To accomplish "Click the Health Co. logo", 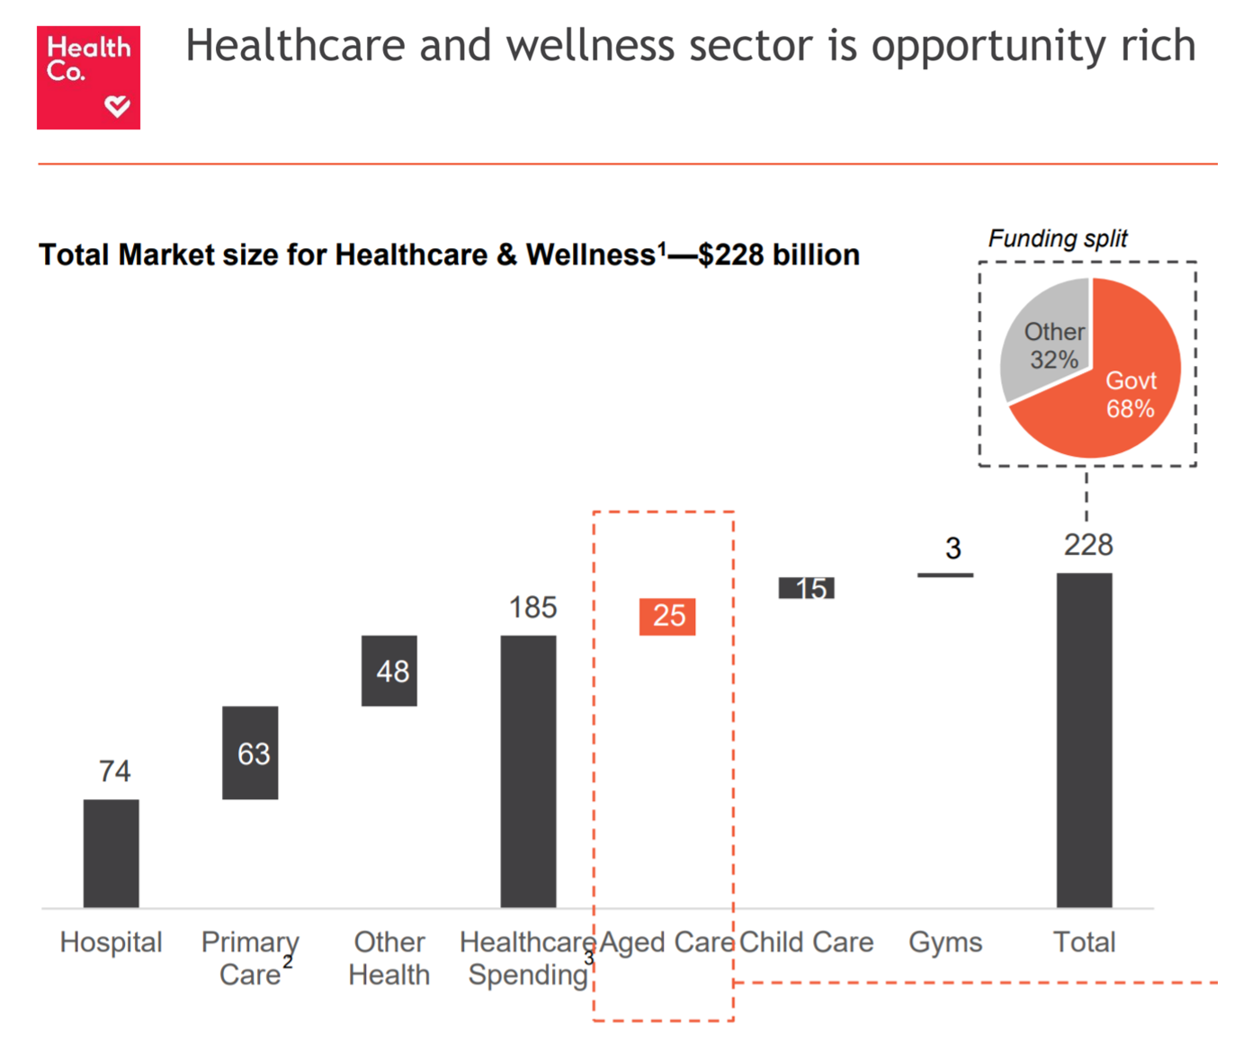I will point(88,77).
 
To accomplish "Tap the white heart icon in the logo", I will point(117,107).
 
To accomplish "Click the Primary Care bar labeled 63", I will point(250,753).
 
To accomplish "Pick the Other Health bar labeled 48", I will point(389,671).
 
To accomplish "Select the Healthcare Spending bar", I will point(528,770).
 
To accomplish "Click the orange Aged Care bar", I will point(667,617).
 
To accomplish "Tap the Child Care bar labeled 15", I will point(807,588).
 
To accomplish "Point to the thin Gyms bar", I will point(945,574).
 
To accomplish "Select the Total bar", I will point(1084,739).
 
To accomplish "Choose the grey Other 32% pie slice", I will point(1043,337).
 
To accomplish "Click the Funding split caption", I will point(1058,238).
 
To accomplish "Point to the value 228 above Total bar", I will point(1088,545).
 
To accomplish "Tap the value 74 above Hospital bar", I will point(114,770).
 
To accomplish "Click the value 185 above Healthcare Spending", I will point(532,608).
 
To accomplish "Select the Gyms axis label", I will point(945,942).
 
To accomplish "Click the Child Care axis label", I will point(807,942).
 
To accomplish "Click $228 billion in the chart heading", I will point(779,255).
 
